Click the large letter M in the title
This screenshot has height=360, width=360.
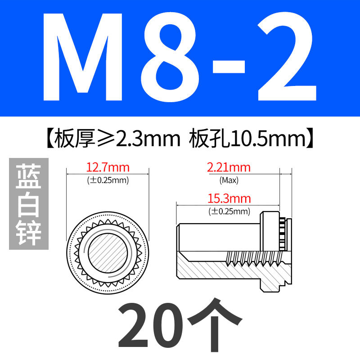pyautogui.click(x=83, y=57)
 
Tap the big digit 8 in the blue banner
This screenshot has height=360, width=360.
pyautogui.click(x=170, y=57)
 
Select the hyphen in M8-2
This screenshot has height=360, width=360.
pyautogui.click(x=229, y=67)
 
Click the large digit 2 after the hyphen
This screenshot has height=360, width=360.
pyautogui.click(x=287, y=57)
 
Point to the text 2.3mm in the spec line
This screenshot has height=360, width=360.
pyautogui.click(x=148, y=139)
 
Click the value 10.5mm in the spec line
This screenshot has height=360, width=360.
pyautogui.click(x=269, y=139)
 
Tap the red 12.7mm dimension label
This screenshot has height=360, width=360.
pyautogui.click(x=108, y=167)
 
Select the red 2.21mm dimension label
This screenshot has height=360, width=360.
pyautogui.click(x=229, y=167)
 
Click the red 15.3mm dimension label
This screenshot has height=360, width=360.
pyautogui.click(x=229, y=198)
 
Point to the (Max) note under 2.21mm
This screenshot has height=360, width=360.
pyautogui.click(x=229, y=180)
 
